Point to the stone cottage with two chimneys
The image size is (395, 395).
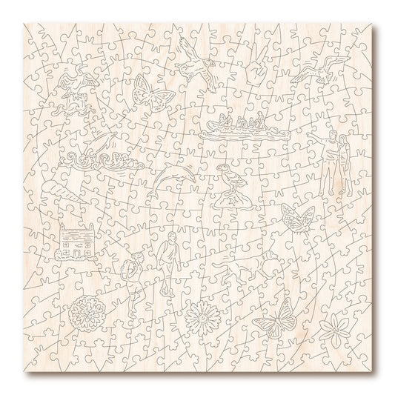pyautogui.click(x=76, y=242)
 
